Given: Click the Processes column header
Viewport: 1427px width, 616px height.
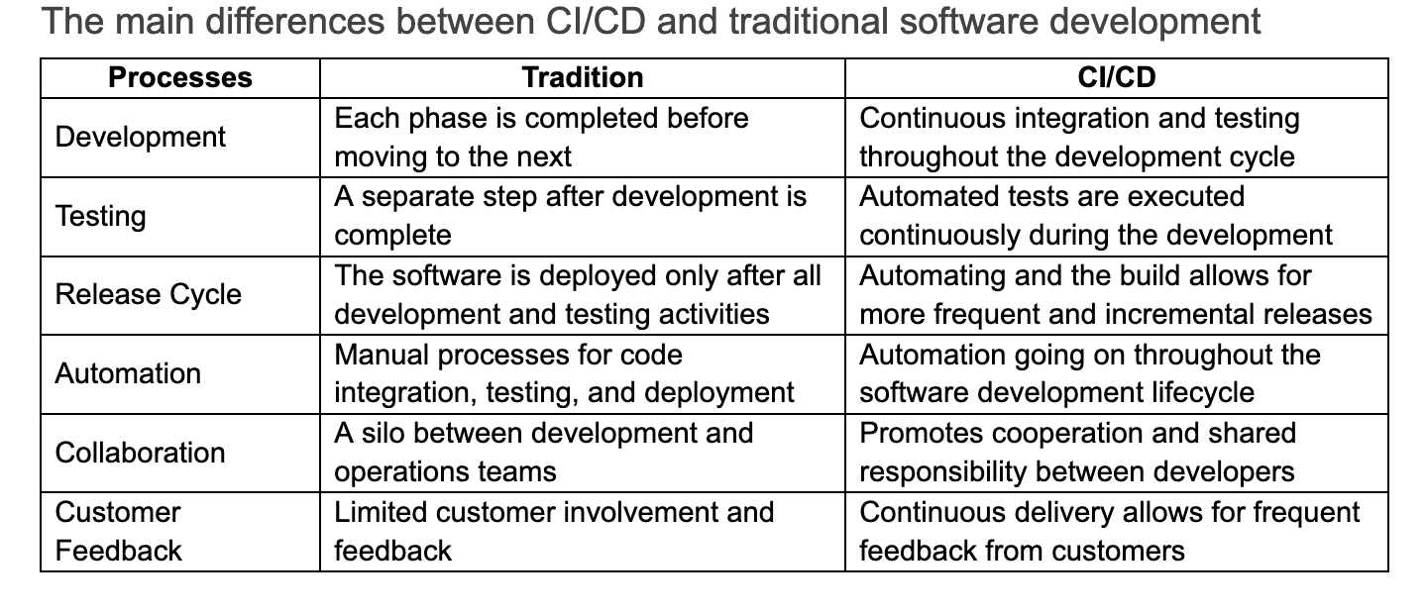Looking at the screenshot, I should point(179,77).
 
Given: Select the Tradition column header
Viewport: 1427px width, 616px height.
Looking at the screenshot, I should point(582,77).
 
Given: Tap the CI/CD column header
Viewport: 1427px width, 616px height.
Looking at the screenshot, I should point(1116,77).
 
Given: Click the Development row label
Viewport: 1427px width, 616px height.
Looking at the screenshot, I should point(141,137).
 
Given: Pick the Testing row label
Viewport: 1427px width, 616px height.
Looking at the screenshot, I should point(100,216).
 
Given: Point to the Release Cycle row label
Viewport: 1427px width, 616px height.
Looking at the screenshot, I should point(148,294).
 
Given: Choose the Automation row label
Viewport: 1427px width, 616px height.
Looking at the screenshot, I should point(128,373).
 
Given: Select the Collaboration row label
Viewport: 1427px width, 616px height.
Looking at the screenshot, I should point(141,453).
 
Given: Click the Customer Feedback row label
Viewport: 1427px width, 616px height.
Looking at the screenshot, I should point(119,531).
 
